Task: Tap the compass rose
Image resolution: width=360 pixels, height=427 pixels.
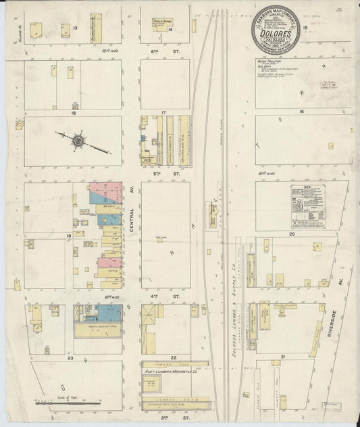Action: (x=79, y=141)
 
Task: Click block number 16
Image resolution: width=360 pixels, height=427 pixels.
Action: (x=302, y=111)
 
